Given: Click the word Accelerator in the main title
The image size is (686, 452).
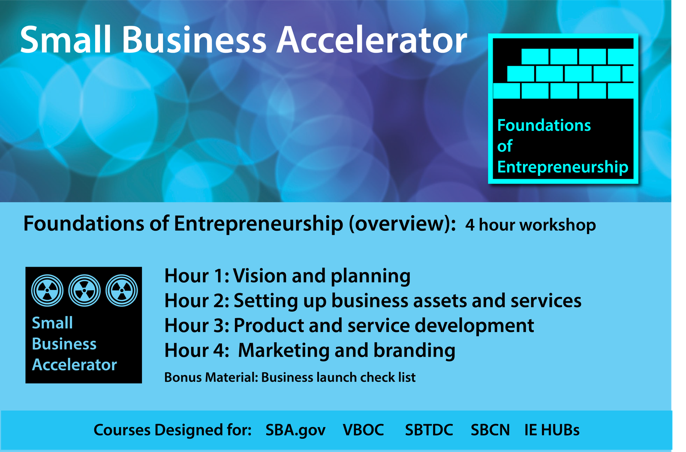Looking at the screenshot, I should pos(372,40).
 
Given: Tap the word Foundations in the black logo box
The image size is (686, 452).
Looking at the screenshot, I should pos(544,125).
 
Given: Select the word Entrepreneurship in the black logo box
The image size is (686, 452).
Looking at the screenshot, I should pos(563,167).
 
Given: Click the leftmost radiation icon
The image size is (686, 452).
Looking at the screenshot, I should pos(48,290).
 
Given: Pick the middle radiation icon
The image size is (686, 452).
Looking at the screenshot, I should pos(84,290).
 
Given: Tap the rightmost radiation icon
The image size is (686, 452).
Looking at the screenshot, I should pos(122,290).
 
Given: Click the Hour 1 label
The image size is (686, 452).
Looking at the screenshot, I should pos(196,276).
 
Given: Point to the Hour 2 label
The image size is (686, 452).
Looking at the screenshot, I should pos(196,301).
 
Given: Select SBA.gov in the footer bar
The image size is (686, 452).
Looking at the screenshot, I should pos(295,430).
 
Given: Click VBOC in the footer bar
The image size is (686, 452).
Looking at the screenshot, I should pos(363,430).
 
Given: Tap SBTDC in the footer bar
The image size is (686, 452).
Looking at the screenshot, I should pos(429,430).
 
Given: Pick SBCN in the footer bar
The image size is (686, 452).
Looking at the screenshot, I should pos(490,430).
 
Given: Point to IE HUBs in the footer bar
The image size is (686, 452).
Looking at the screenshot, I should pos(552,430).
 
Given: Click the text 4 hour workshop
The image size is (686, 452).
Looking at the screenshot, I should pos(530,225).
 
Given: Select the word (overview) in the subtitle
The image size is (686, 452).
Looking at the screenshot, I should pos(402,223).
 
